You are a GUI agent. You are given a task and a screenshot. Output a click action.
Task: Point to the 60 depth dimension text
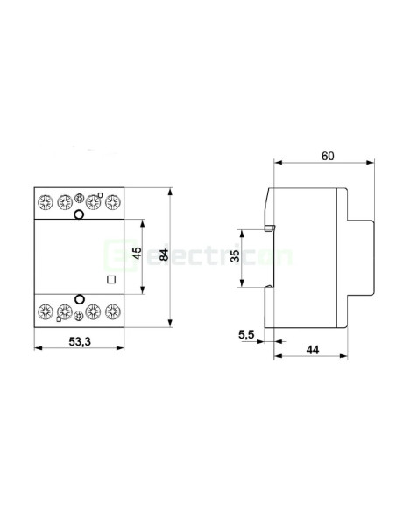click(328, 156)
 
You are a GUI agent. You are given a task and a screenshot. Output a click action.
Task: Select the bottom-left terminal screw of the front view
click(44, 311)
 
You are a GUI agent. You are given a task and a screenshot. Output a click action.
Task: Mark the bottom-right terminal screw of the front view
click(111, 311)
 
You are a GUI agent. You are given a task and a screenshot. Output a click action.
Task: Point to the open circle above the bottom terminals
click(78, 298)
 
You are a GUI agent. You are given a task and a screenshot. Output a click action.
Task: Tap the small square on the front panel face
click(110, 280)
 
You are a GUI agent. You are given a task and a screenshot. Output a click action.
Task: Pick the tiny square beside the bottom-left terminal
click(58, 320)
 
